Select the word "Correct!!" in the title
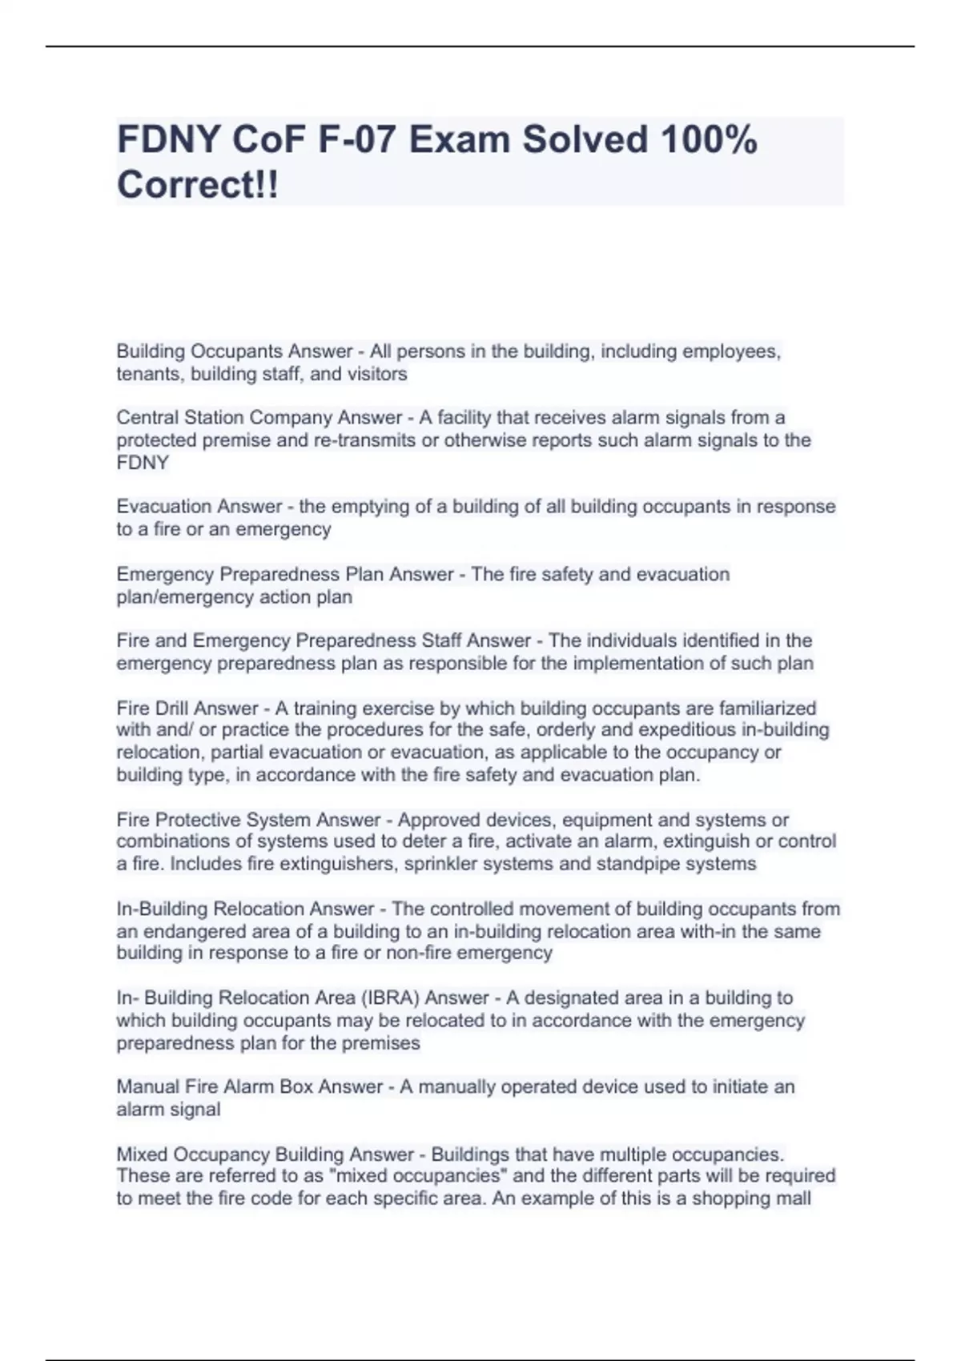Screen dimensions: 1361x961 (198, 185)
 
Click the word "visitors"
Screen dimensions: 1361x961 (377, 374)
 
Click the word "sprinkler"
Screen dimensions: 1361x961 (440, 864)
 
